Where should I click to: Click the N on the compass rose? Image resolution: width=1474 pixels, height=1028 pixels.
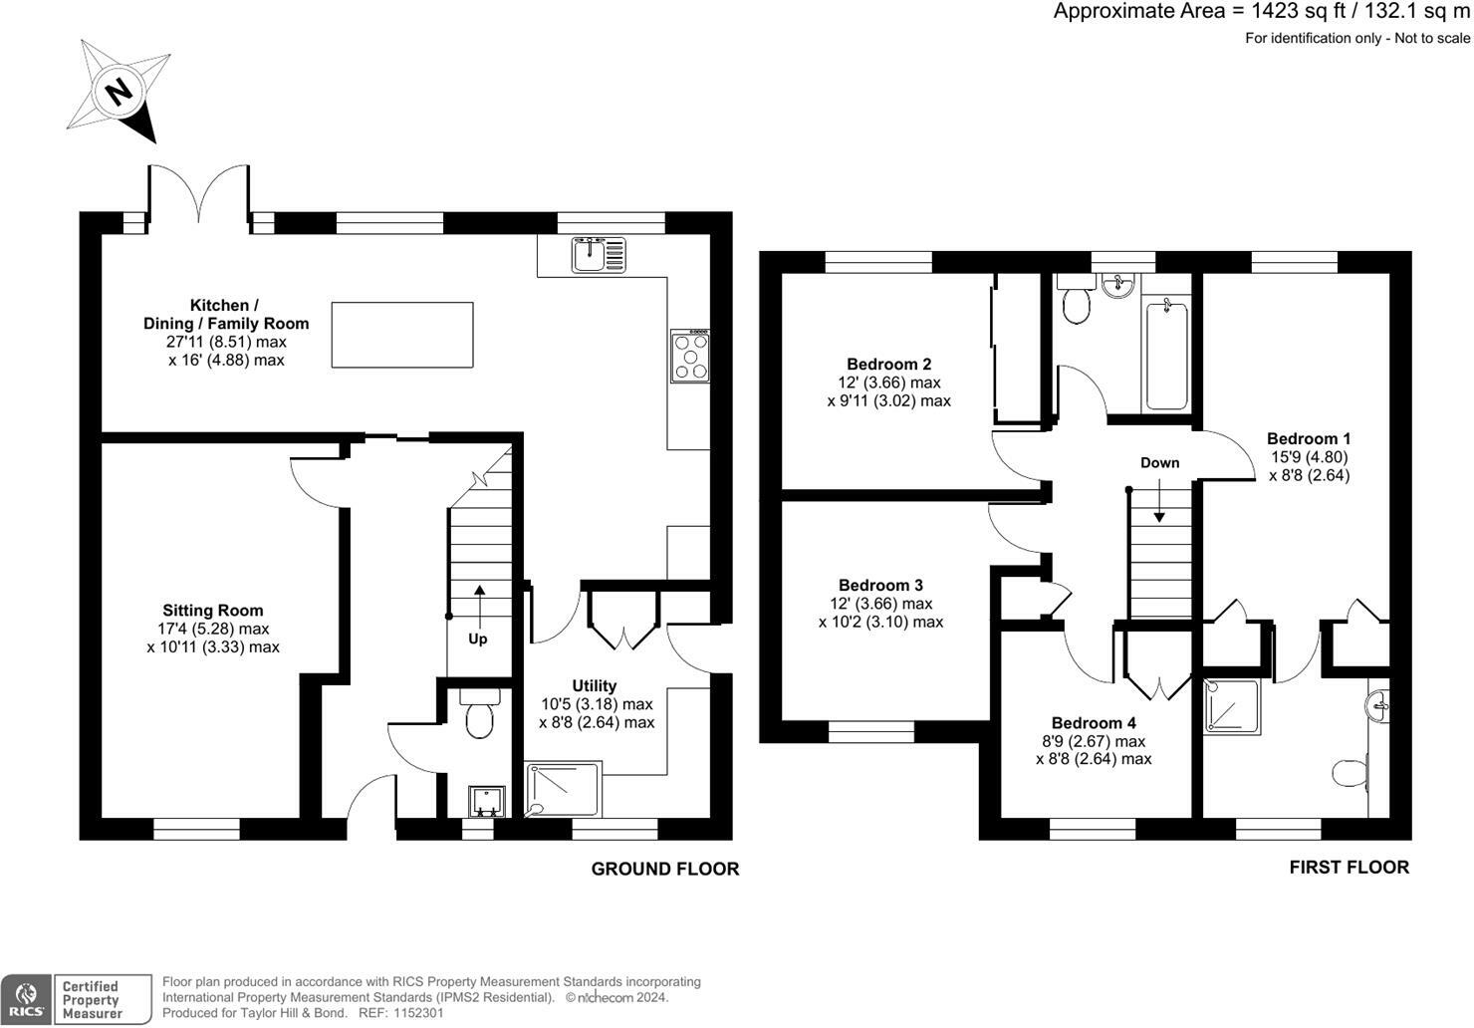(120, 92)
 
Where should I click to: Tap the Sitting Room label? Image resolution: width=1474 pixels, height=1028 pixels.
(212, 611)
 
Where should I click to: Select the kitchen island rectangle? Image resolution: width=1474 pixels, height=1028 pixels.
(402, 335)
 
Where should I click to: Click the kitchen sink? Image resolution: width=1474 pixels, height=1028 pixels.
(599, 255)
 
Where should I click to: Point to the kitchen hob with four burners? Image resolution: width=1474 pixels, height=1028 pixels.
(690, 356)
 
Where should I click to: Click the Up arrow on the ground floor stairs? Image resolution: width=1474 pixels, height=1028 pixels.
(480, 607)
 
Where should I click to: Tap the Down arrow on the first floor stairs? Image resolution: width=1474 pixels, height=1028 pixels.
(1159, 500)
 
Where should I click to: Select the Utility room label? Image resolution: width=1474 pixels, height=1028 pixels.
(595, 685)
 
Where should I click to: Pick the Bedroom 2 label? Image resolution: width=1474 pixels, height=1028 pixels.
(888, 364)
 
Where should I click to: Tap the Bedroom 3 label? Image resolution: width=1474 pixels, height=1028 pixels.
(880, 585)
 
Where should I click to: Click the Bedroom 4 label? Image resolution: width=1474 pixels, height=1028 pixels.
(1094, 723)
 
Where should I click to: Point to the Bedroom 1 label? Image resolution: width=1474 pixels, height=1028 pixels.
(1309, 438)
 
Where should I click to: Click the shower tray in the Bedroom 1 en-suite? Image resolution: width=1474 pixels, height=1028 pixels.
(1233, 706)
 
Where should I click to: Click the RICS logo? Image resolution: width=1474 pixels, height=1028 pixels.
(26, 1000)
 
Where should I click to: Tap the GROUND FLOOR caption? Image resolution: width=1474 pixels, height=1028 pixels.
(665, 869)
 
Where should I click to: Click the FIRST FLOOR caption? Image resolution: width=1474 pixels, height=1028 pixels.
(1349, 868)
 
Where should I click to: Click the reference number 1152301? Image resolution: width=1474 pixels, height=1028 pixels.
(418, 1013)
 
